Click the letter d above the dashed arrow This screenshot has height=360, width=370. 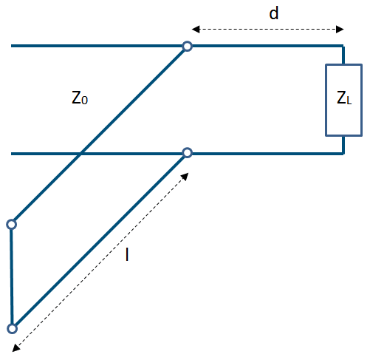coord(274,13)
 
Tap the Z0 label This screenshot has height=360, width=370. coord(80,98)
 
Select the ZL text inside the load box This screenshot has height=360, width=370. coord(344,98)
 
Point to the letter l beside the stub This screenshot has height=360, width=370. coord(127,254)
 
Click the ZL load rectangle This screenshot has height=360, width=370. coord(326,100)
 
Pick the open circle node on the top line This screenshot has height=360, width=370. coord(188,47)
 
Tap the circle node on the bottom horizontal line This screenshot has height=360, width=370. coord(188,153)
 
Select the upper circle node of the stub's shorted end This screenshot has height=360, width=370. coord(12,225)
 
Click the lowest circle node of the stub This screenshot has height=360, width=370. coord(12,329)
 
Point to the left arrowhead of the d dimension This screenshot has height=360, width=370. coord(196,30)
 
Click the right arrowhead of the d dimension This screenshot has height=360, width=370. coord(340,30)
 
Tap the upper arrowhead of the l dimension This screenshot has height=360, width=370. coord(185,177)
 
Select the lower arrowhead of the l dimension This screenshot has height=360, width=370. coord(16,347)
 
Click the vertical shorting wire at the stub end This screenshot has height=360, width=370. coord(12,276)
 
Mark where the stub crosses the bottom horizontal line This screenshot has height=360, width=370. coord(80,154)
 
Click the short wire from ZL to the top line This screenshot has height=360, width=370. coord(343,55)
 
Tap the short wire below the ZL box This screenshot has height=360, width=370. coord(343,145)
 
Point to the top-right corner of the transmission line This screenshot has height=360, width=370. coord(343,46)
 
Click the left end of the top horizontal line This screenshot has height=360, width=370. coord(11,46)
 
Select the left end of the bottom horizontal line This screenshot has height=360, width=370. coord(11,154)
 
